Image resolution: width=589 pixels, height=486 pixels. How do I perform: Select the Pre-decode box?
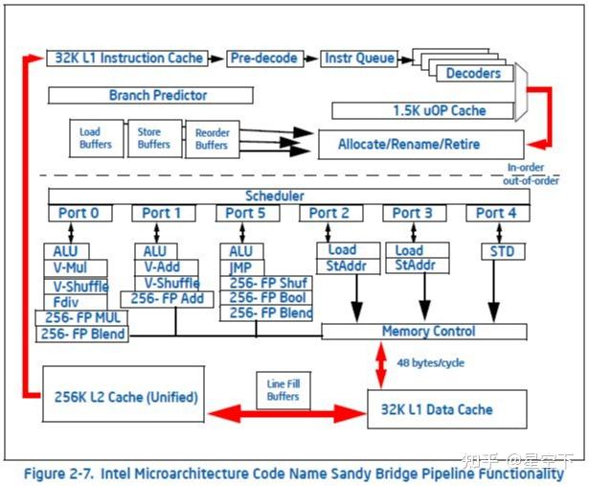pyautogui.click(x=264, y=58)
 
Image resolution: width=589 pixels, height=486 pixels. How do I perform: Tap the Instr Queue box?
pyautogui.click(x=359, y=58)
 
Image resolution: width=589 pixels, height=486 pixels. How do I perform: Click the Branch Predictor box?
pyautogui.click(x=150, y=95)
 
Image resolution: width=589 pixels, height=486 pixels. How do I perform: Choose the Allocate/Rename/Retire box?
pyautogui.click(x=421, y=145)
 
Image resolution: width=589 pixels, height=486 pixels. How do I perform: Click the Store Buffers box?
pyautogui.click(x=154, y=138)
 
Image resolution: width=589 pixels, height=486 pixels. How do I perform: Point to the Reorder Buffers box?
pyautogui.click(x=212, y=139)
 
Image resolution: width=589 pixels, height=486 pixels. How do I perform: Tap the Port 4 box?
pyautogui.click(x=497, y=213)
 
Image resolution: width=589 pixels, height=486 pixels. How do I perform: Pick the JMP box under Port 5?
pyautogui.click(x=240, y=267)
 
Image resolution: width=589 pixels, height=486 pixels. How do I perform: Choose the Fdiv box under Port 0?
pyautogui.click(x=69, y=301)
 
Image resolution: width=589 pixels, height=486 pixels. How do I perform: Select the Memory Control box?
pyautogui.click(x=423, y=332)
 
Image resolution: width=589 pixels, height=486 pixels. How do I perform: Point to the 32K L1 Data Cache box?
pyautogui.click(x=447, y=409)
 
